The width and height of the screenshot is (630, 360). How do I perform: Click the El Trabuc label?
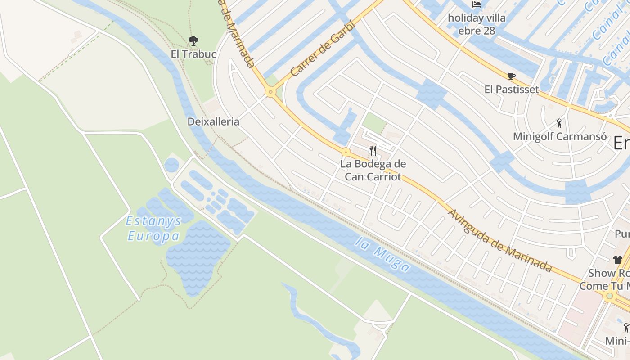pyautogui.click(x=193, y=54)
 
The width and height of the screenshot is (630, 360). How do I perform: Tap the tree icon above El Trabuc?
pyautogui.click(x=193, y=41)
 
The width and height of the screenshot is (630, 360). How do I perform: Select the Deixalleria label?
pyautogui.click(x=213, y=121)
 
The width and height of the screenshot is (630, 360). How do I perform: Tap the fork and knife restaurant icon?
pyautogui.click(x=373, y=150)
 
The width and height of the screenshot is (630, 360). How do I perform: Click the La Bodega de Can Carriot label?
pyautogui.click(x=373, y=170)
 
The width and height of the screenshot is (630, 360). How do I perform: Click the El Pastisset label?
pyautogui.click(x=512, y=89)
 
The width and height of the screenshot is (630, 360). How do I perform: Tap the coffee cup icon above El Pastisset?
pyautogui.click(x=511, y=76)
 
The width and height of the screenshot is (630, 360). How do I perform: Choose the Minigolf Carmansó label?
pyautogui.click(x=560, y=136)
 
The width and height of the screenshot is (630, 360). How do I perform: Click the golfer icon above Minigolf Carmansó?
pyautogui.click(x=559, y=123)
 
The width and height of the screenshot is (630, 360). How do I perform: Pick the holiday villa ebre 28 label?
pyautogui.click(x=477, y=24)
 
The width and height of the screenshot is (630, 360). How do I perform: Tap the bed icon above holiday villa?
pyautogui.click(x=477, y=5)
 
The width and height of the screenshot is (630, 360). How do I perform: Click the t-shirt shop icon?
pyautogui.click(x=617, y=259)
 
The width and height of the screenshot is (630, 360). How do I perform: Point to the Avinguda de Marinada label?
pyautogui.click(x=500, y=241)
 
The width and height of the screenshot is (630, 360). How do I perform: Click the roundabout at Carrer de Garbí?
pyautogui.click(x=270, y=92)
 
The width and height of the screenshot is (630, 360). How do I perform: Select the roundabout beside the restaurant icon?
pyautogui.click(x=346, y=152)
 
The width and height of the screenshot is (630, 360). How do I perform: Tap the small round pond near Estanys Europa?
pyautogui.click(x=171, y=165)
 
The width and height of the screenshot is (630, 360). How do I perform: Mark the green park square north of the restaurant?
pyautogui.click(x=374, y=122)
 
